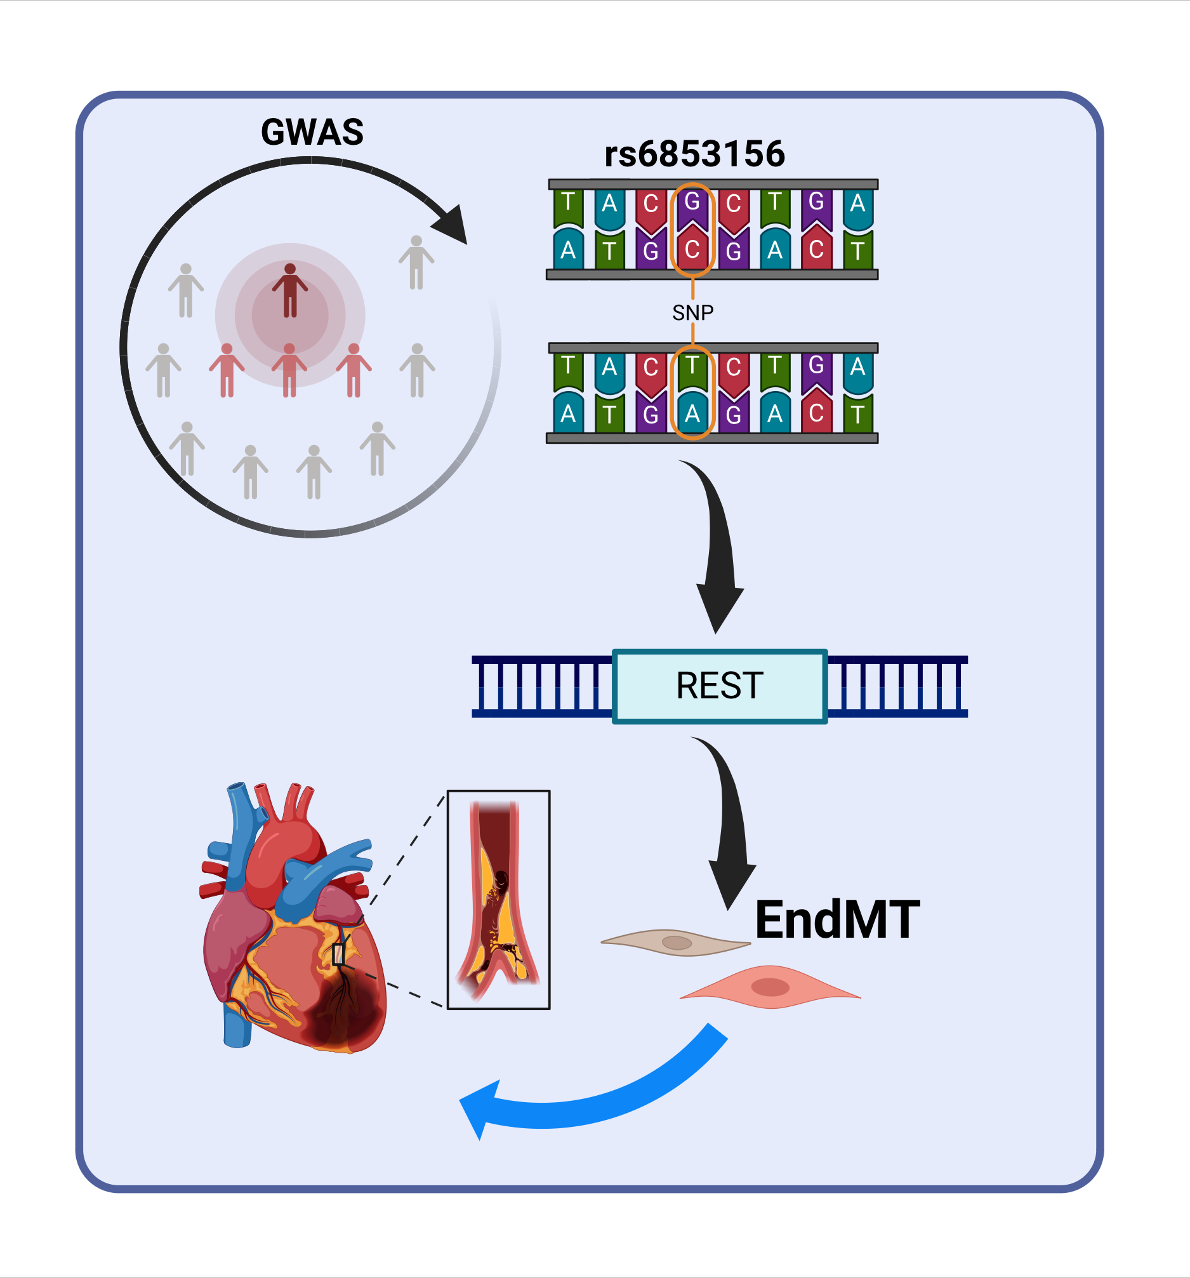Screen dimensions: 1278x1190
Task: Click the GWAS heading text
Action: pyautogui.click(x=312, y=132)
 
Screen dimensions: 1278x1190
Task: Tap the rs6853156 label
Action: pyautogui.click(x=694, y=154)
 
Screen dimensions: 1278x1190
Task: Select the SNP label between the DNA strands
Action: pyautogui.click(x=692, y=312)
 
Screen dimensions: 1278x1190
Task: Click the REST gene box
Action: pyautogui.click(x=719, y=685)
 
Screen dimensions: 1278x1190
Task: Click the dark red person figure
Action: pyautogui.click(x=290, y=291)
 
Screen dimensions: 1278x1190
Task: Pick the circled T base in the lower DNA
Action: pyautogui.click(x=692, y=369)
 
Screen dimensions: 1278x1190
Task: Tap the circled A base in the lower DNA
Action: pyautogui.click(x=692, y=414)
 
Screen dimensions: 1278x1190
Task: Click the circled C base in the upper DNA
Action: pyautogui.click(x=692, y=250)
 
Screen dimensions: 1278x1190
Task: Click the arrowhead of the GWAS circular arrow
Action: pyautogui.click(x=453, y=224)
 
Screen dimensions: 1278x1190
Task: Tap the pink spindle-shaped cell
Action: pyautogui.click(x=770, y=986)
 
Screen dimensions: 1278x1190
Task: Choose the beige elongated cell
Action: pyautogui.click(x=675, y=942)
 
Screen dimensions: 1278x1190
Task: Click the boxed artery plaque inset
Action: pyautogui.click(x=498, y=900)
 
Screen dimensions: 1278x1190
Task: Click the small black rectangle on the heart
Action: pyautogui.click(x=339, y=955)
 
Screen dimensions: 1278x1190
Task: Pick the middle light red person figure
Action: pyautogui.click(x=289, y=370)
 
